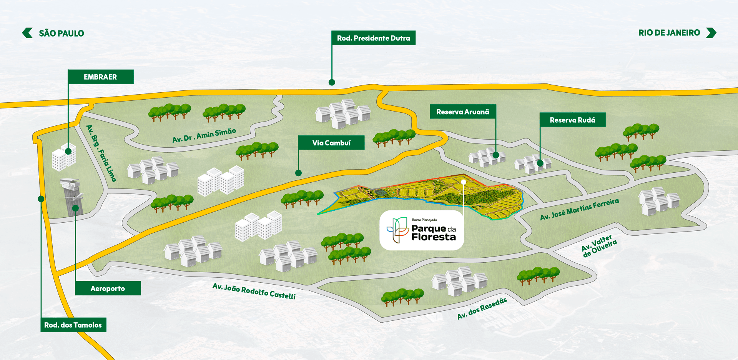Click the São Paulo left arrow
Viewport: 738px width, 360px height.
tap(27, 33)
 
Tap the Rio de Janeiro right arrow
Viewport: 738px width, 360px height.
tap(711, 33)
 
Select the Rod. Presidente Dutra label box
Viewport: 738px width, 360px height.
tap(373, 38)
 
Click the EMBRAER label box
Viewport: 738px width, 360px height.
tap(101, 77)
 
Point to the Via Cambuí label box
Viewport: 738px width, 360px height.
tap(331, 143)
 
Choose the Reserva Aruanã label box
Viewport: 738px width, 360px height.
tap(463, 112)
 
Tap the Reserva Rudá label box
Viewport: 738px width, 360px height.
tap(572, 120)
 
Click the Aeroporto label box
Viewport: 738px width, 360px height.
tap(108, 288)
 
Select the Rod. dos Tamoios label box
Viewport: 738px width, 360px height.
tap(73, 325)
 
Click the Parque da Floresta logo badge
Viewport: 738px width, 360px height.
tap(422, 230)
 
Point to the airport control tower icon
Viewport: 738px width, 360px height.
tap(72, 196)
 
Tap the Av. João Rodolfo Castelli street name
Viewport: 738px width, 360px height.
tap(254, 291)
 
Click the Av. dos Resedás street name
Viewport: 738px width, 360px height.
tap(482, 308)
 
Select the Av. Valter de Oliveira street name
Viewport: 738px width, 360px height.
tap(599, 246)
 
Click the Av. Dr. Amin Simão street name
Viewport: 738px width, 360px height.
tap(204, 135)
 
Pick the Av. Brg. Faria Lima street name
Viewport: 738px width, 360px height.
tap(101, 153)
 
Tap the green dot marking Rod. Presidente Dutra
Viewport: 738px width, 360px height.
tap(332, 82)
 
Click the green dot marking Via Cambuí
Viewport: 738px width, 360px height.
tap(298, 173)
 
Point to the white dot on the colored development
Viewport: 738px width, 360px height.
tap(464, 182)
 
